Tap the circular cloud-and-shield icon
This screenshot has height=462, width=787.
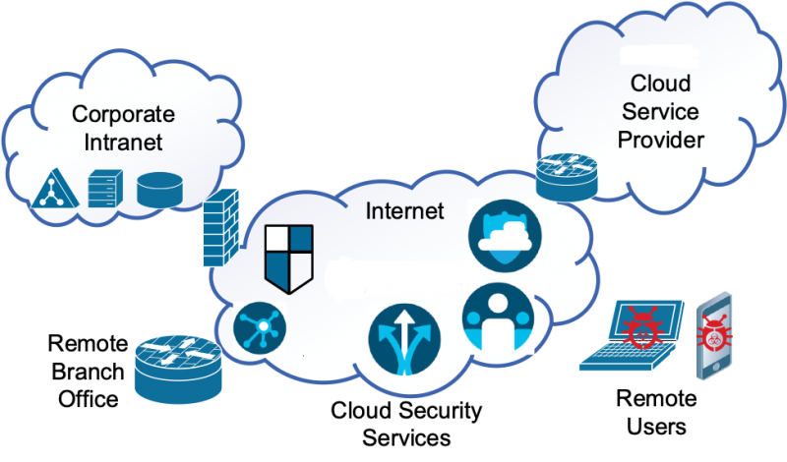coord(504,237)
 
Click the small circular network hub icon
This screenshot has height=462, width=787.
coord(259,325)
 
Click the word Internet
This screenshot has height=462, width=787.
coord(405,210)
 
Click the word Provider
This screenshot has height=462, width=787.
coord(661,140)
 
